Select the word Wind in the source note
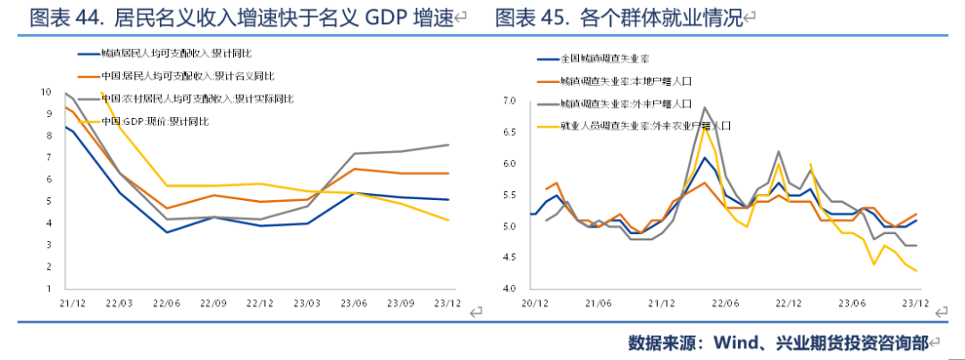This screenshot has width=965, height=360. (x=734, y=342)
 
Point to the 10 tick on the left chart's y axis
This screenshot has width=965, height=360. (x=45, y=92)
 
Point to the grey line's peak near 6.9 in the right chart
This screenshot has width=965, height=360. (x=705, y=107)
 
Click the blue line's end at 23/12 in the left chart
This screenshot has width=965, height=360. (x=449, y=199)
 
